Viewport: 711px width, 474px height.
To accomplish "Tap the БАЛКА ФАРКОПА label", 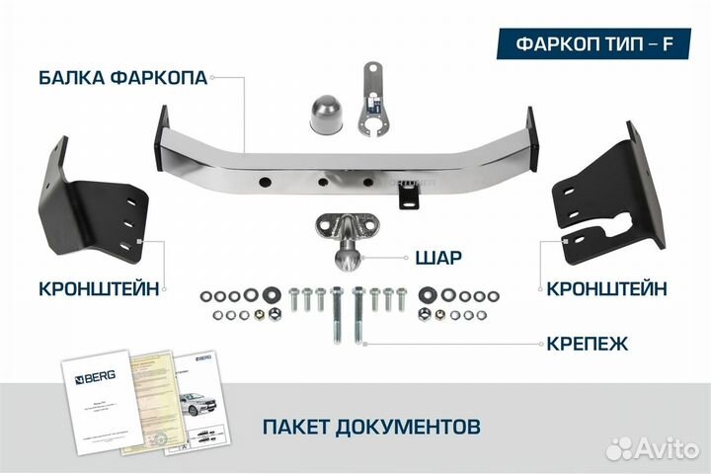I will coord(123,77).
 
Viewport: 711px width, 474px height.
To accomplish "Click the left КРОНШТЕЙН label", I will coord(100,288).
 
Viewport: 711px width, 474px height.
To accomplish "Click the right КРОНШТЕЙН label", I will coord(605,288).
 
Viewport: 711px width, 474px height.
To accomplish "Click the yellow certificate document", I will coord(154,400).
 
